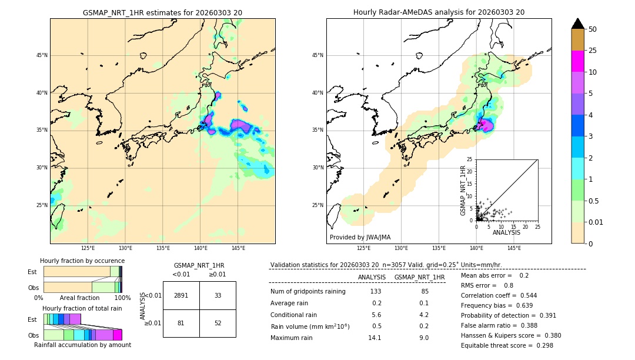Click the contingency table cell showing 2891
181,295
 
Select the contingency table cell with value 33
218,295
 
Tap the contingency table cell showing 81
181,323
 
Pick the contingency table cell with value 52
218,323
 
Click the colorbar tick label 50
593,29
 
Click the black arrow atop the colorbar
578,24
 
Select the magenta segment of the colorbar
578,61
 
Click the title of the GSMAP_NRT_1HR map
162,12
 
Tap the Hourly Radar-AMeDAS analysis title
439,12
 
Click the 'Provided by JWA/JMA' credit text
360,237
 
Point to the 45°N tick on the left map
42,55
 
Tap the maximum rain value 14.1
375,338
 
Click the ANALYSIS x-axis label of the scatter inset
506,232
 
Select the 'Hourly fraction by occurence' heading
82,261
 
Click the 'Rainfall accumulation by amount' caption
82,345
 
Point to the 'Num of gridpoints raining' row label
308,292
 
